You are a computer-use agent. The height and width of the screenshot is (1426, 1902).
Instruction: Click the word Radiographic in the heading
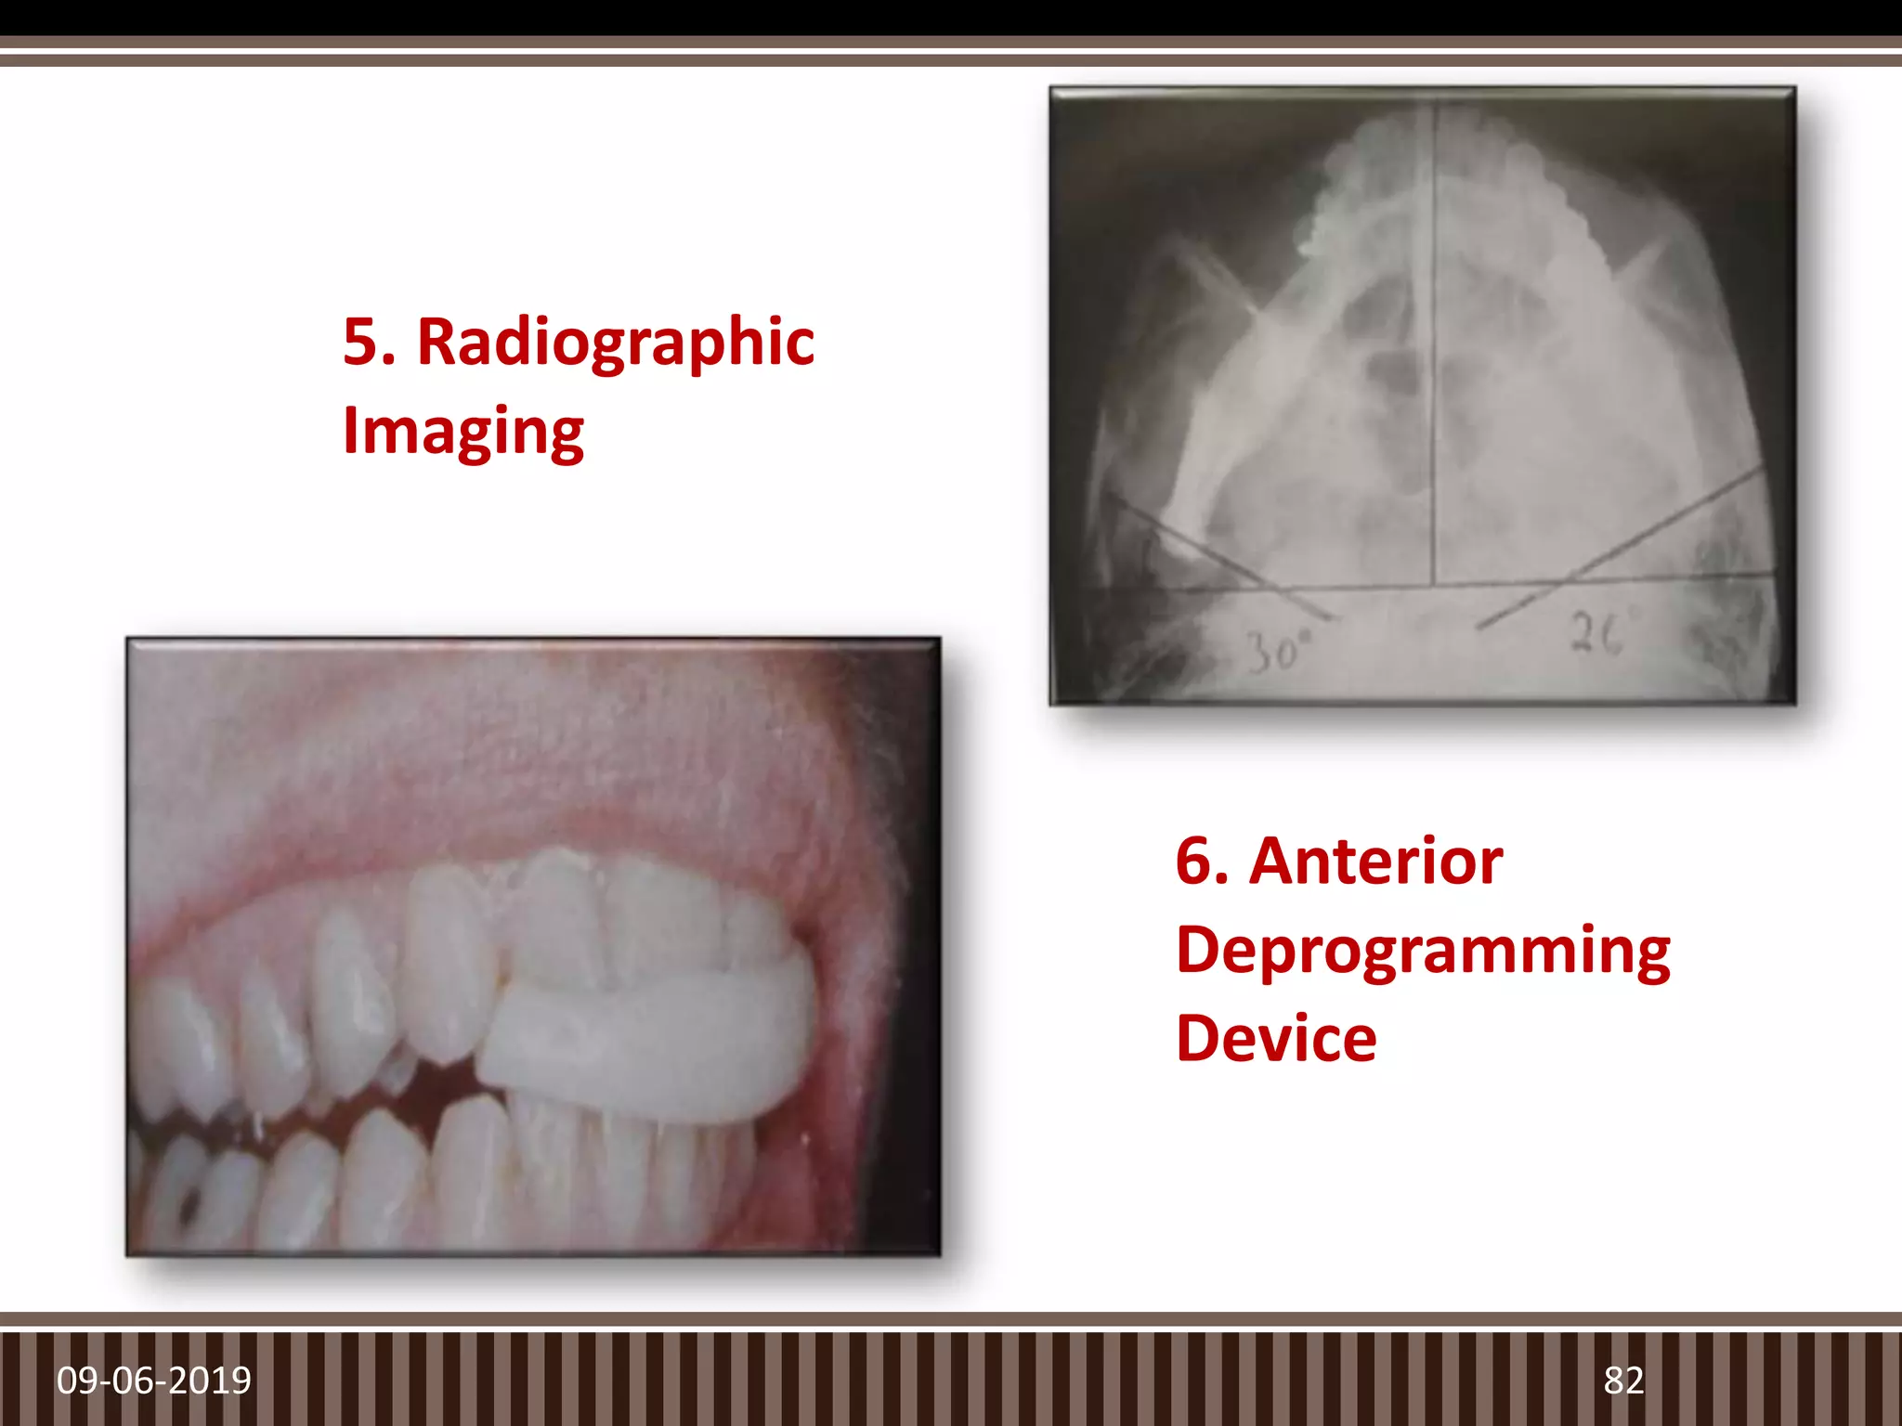616,343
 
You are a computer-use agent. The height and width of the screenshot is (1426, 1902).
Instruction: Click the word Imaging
462,432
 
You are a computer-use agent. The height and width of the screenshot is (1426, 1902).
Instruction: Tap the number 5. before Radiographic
369,343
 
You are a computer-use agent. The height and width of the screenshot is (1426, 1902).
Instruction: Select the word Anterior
1375,862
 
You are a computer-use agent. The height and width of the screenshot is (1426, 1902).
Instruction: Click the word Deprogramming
1423,951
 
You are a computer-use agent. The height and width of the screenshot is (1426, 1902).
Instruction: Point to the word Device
1276,1039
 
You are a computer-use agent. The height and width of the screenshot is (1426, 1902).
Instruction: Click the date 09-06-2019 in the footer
154,1381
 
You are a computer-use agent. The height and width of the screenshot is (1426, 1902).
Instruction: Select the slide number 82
1623,1381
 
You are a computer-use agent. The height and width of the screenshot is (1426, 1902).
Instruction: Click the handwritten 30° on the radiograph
1273,653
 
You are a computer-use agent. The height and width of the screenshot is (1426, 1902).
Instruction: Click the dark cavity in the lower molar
189,1207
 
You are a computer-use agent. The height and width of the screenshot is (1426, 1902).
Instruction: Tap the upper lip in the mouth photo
520,771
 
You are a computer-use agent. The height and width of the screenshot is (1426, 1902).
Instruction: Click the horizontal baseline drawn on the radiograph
1430,585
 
